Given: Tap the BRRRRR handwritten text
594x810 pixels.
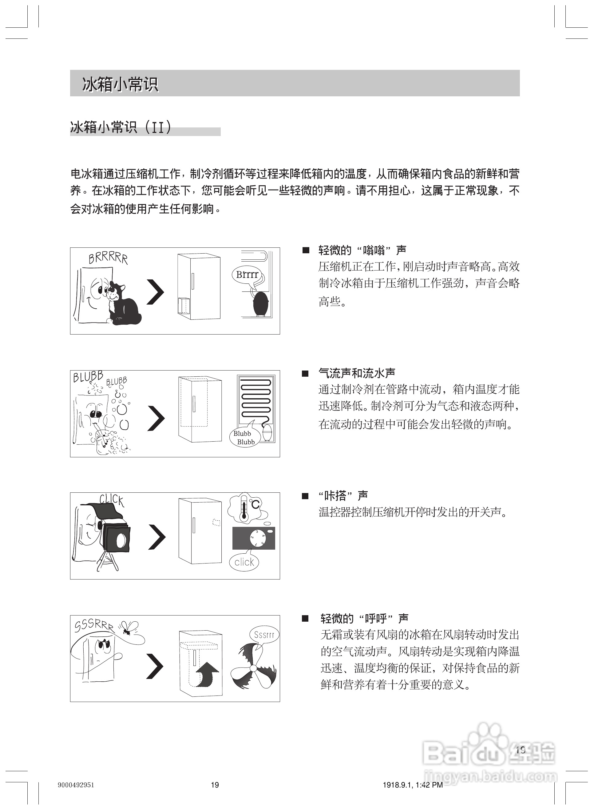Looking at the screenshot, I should click(108, 259).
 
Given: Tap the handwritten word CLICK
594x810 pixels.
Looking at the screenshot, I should click(112, 499).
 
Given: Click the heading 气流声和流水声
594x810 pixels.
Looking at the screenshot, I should click(357, 373).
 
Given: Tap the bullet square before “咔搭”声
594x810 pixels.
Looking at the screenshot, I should click(305, 496).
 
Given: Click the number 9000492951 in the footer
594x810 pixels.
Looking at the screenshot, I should click(76, 785).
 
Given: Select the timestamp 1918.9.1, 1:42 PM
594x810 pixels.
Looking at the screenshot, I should click(413, 785).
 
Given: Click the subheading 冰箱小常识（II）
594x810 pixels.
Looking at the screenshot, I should click(121, 128).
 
